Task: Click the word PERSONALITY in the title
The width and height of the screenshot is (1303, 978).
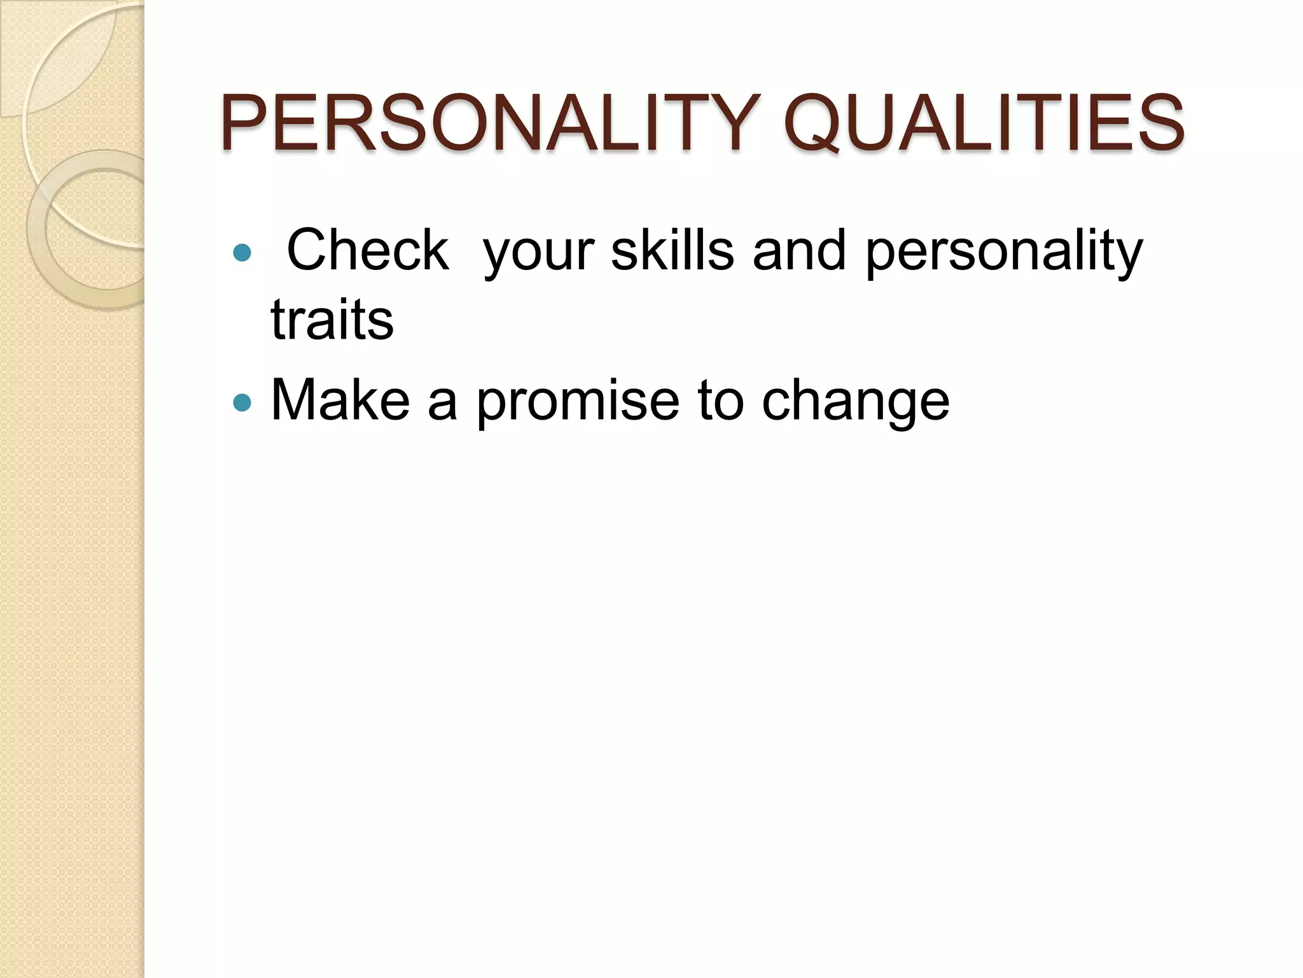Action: [x=490, y=124]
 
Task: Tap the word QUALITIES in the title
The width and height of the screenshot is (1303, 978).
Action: [x=984, y=124]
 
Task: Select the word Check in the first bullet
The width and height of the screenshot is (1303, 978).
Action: [x=367, y=250]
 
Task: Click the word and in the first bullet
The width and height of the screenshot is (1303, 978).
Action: [x=799, y=250]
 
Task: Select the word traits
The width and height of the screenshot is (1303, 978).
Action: [x=332, y=319]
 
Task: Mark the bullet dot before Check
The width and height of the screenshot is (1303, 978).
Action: [x=242, y=253]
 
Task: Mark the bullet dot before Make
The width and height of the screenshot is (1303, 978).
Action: [x=242, y=402]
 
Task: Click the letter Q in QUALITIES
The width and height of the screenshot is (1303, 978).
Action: [x=821, y=125]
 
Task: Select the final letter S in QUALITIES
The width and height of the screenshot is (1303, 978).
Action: [x=1159, y=124]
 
